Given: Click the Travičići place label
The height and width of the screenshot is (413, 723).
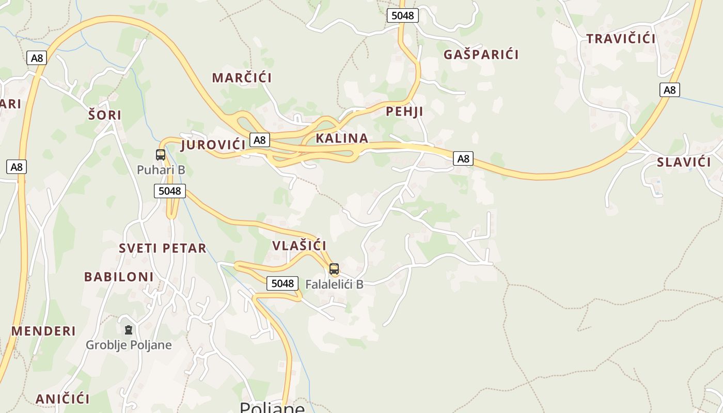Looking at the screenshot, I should coord(621,39).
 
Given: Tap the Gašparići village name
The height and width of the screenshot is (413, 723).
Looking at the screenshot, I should coord(481,54).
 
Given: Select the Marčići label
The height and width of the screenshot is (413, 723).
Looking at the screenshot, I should coord(242,78).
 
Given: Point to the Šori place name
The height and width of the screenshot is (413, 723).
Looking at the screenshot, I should coord(105,115).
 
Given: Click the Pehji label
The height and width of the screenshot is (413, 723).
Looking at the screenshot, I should coord(404,112).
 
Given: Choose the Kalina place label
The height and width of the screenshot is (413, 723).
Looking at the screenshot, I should coord(342,138).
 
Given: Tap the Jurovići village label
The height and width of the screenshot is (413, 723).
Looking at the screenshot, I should coord(213,145).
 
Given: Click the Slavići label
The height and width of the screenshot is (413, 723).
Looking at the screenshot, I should coord(684,162).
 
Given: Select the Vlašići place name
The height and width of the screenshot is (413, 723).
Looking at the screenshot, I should coord(299,246).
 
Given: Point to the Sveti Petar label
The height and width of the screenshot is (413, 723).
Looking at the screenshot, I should coord(163,248).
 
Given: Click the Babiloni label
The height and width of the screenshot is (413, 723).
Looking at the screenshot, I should coord(119,277).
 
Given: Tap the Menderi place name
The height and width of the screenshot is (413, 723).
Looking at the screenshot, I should coord(43,331).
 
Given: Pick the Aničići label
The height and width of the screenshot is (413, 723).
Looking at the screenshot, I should coord(62,399).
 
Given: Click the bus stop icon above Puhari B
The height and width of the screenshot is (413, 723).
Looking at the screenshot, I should coord(161,154).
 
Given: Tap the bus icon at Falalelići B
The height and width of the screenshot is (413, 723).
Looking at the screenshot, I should coord(334,268).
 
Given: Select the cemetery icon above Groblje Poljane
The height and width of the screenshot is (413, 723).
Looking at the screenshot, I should coord(129,329).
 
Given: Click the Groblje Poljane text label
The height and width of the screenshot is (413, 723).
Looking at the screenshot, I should coord(129,345).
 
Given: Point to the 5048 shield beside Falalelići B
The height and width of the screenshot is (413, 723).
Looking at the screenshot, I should coord(282,283).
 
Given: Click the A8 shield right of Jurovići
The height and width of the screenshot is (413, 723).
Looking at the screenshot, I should coord(260,139).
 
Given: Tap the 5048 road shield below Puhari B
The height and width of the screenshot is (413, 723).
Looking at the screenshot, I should coord(169,191).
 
